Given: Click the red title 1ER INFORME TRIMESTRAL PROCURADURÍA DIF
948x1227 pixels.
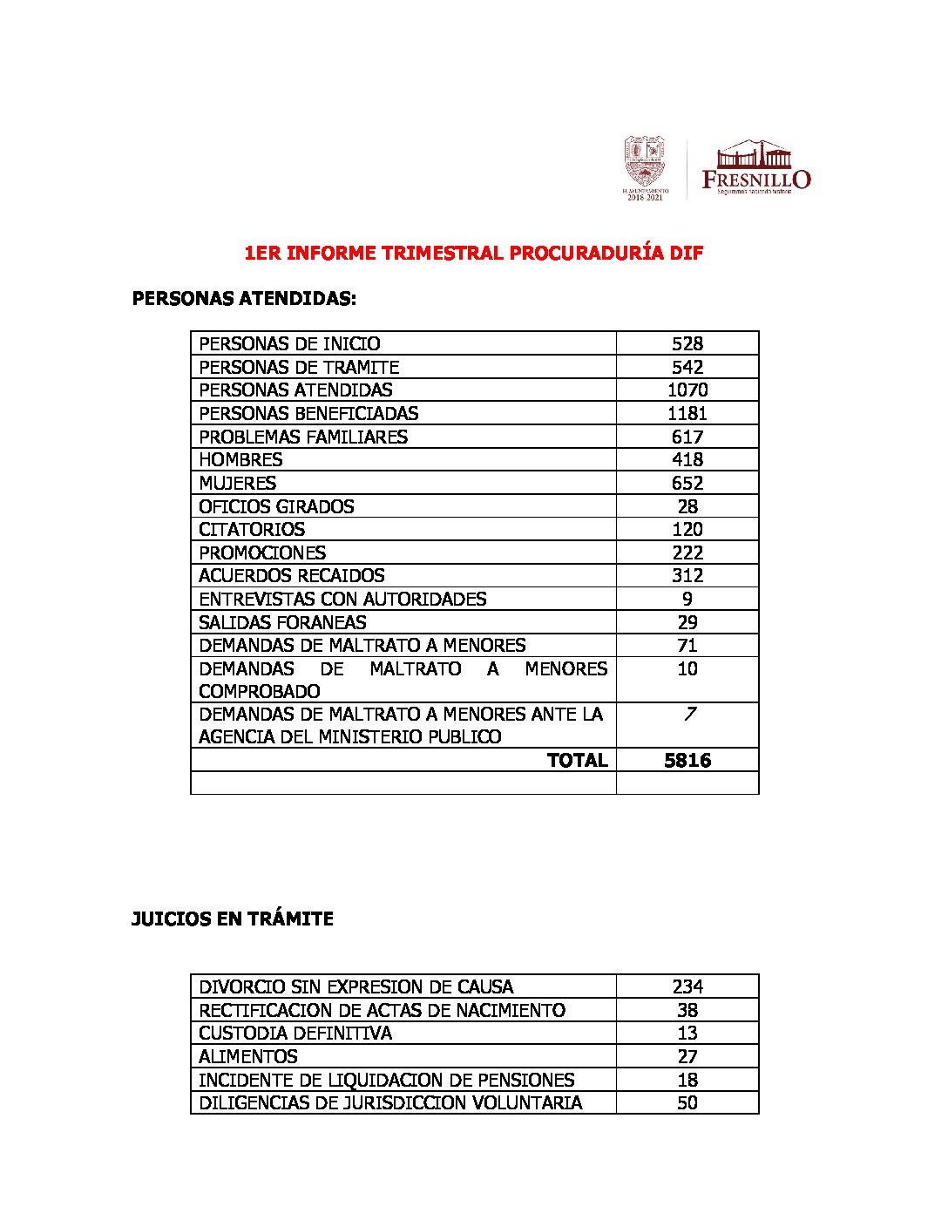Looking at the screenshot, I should (473, 254).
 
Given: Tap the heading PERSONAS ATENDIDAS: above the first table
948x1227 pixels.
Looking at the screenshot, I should (244, 299).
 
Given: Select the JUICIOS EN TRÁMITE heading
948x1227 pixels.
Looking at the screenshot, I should (232, 919).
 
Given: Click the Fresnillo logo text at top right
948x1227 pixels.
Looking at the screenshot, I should (755, 179).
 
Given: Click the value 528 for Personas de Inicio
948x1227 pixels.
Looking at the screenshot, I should (687, 343).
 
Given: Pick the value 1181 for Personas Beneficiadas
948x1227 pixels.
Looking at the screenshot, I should (687, 413).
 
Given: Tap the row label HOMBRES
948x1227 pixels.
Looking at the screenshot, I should (240, 459).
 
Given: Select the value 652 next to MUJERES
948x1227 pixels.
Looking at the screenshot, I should (687, 483).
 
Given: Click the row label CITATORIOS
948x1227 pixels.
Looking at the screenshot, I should (252, 529).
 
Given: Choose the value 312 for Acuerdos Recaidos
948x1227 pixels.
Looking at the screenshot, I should (687, 575).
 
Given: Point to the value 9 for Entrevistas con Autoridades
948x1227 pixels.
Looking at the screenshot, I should (687, 599).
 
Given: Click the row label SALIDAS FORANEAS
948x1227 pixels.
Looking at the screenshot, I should (282, 622).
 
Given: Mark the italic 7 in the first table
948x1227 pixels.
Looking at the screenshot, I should (689, 714).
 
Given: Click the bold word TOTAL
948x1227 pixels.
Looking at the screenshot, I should (577, 760).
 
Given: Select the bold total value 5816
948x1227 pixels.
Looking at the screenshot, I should (687, 760).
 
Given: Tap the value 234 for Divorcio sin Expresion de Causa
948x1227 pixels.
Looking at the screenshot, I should (687, 986).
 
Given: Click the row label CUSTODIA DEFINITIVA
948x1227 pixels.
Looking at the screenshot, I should (295, 1033).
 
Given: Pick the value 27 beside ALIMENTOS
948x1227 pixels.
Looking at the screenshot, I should (687, 1056).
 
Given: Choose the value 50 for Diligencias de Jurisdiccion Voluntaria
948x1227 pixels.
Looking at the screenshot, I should (687, 1102).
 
